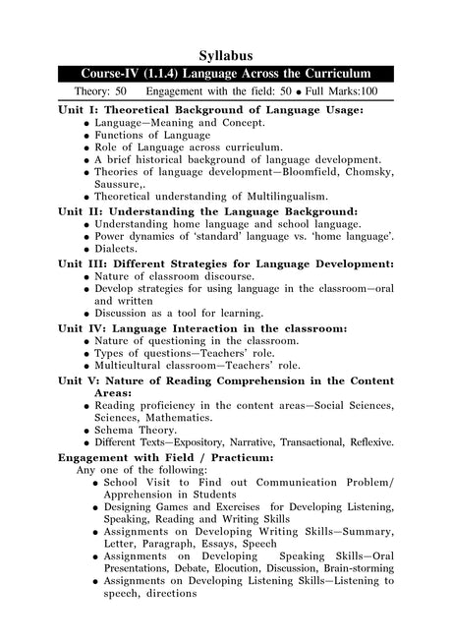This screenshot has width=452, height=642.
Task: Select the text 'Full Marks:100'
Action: coord(342,92)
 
